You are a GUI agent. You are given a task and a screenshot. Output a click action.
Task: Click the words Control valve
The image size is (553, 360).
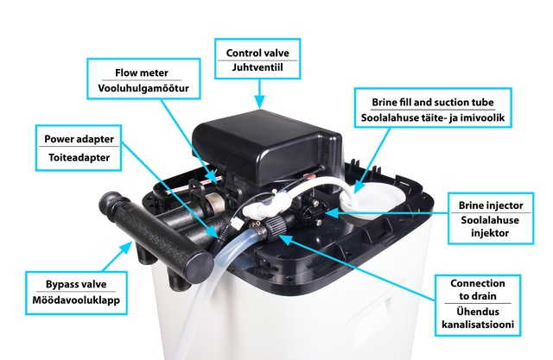click(x=257, y=54)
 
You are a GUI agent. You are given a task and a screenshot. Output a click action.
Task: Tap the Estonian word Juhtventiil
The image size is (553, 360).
click(x=257, y=67)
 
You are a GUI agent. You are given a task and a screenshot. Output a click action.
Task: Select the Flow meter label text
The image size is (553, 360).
click(x=142, y=73)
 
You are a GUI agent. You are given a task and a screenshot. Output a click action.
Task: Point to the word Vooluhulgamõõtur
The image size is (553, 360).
click(x=143, y=88)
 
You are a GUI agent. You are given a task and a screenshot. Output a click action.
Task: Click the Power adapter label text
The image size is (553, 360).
click(x=79, y=139)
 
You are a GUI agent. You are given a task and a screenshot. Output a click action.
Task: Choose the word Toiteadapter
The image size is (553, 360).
click(x=79, y=157)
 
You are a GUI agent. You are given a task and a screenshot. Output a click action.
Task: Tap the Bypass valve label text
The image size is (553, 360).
click(x=76, y=284)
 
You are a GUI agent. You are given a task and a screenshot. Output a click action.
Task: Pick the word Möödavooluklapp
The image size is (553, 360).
click(x=76, y=300)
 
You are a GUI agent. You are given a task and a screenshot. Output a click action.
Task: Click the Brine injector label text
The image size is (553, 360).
click(x=491, y=205)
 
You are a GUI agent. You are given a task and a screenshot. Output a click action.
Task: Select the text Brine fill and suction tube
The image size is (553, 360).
click(x=433, y=103)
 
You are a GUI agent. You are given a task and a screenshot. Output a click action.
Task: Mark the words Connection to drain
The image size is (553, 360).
click(x=478, y=289)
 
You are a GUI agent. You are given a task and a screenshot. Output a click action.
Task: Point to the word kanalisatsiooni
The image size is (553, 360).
click(x=478, y=325)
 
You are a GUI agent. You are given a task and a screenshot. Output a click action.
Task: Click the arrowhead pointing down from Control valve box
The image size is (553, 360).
click(x=259, y=102)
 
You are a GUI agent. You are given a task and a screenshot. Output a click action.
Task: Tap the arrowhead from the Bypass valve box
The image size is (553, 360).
click(x=125, y=248)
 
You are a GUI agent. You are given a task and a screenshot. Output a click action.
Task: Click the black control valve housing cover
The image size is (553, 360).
click(x=267, y=144)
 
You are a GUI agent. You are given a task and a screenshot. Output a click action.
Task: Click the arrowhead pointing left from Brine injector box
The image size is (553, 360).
click(x=331, y=212)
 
